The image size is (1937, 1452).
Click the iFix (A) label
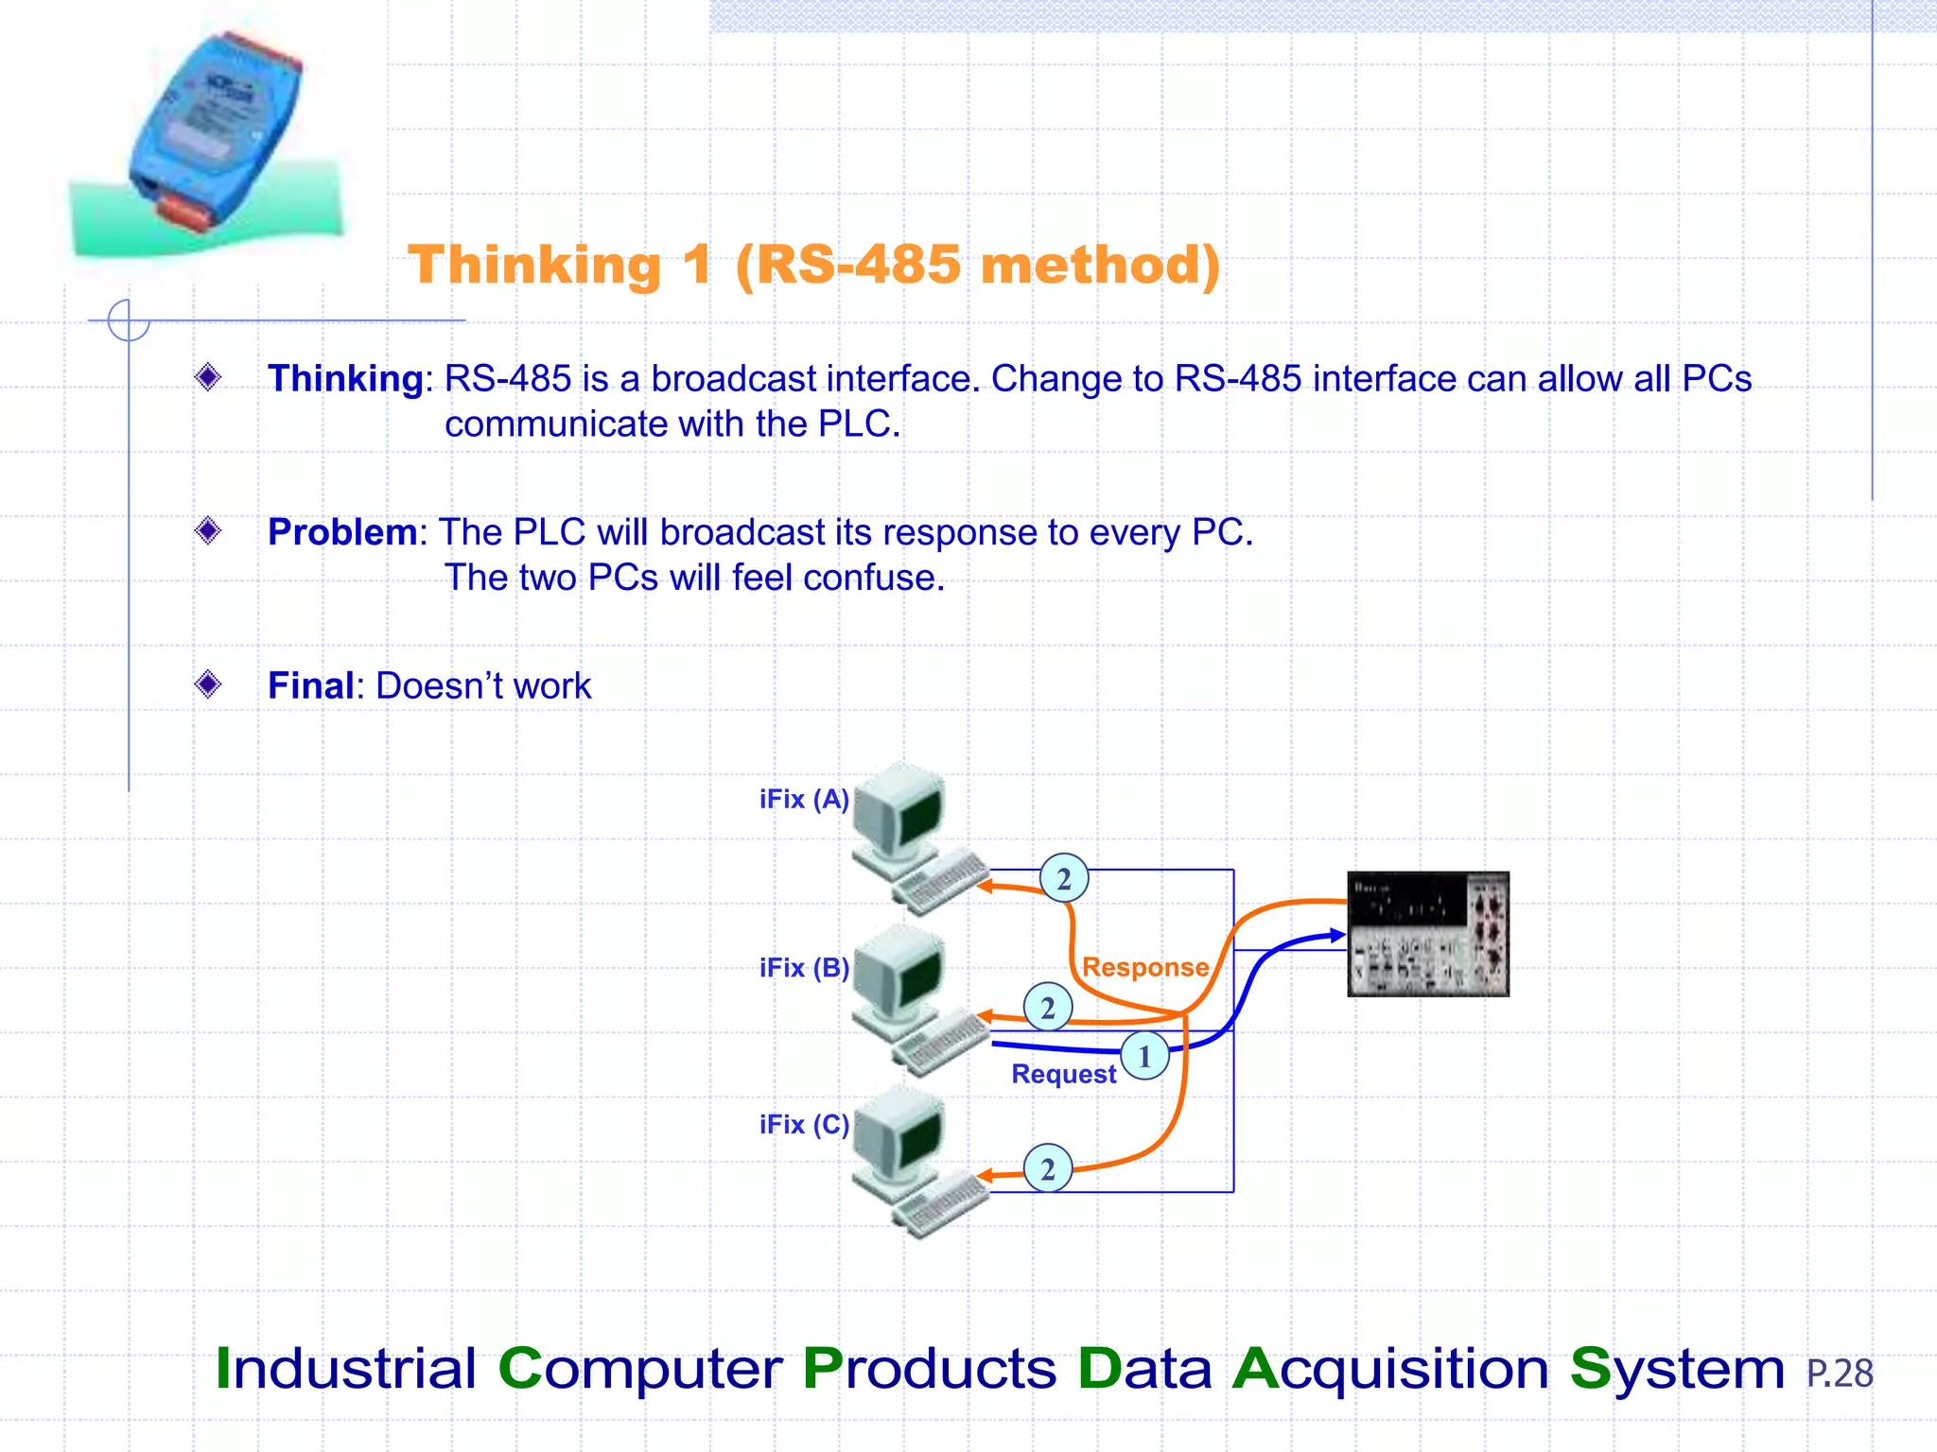pos(803,800)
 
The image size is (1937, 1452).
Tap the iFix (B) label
pos(803,968)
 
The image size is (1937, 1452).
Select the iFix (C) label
pos(803,1125)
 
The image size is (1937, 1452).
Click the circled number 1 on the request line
pos(1144,1056)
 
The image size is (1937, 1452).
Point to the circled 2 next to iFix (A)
pos(1064,879)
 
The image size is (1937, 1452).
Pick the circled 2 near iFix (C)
pos(1048,1169)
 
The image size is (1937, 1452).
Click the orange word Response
pos(1144,967)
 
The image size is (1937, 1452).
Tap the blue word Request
pos(1063,1074)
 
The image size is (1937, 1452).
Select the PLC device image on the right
pos(1427,934)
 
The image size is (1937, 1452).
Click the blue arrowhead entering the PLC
pos(1337,935)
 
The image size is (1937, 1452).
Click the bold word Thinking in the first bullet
pos(345,378)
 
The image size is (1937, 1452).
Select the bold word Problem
pos(341,532)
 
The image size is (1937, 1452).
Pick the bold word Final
pos(310,685)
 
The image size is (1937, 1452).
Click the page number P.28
pos(1839,1374)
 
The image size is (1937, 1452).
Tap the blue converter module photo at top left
pos(214,132)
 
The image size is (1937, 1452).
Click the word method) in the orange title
pos(1100,265)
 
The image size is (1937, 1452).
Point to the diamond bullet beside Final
pos(208,683)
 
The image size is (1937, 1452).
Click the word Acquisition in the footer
pos(1390,1369)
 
